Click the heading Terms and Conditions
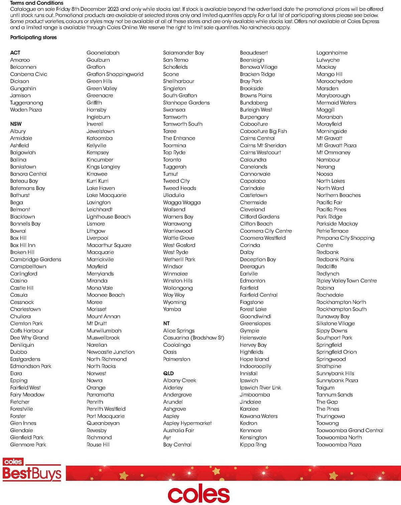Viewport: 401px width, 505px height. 36,3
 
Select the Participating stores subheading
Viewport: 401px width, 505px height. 33,37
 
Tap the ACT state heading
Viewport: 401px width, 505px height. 15,53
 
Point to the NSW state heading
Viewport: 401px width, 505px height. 16,124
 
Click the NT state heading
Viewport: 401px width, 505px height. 166,323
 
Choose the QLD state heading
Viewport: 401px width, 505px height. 168,373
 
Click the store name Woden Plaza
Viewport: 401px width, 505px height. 26,110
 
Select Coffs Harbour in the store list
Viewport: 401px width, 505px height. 27,330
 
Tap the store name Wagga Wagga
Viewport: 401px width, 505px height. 182,202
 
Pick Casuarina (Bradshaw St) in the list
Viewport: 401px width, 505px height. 193,337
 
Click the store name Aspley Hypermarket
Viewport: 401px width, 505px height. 187,423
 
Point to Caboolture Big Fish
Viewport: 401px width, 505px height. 263,131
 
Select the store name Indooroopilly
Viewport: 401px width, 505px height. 256,366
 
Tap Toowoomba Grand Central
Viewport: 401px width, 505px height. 350,430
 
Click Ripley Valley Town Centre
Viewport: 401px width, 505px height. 346,281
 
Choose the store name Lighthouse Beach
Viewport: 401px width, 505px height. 109,217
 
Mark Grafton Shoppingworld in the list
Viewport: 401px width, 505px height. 115,74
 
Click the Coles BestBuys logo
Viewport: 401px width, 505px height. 32,470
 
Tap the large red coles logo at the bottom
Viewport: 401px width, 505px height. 199,494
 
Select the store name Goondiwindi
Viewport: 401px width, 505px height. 255,316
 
